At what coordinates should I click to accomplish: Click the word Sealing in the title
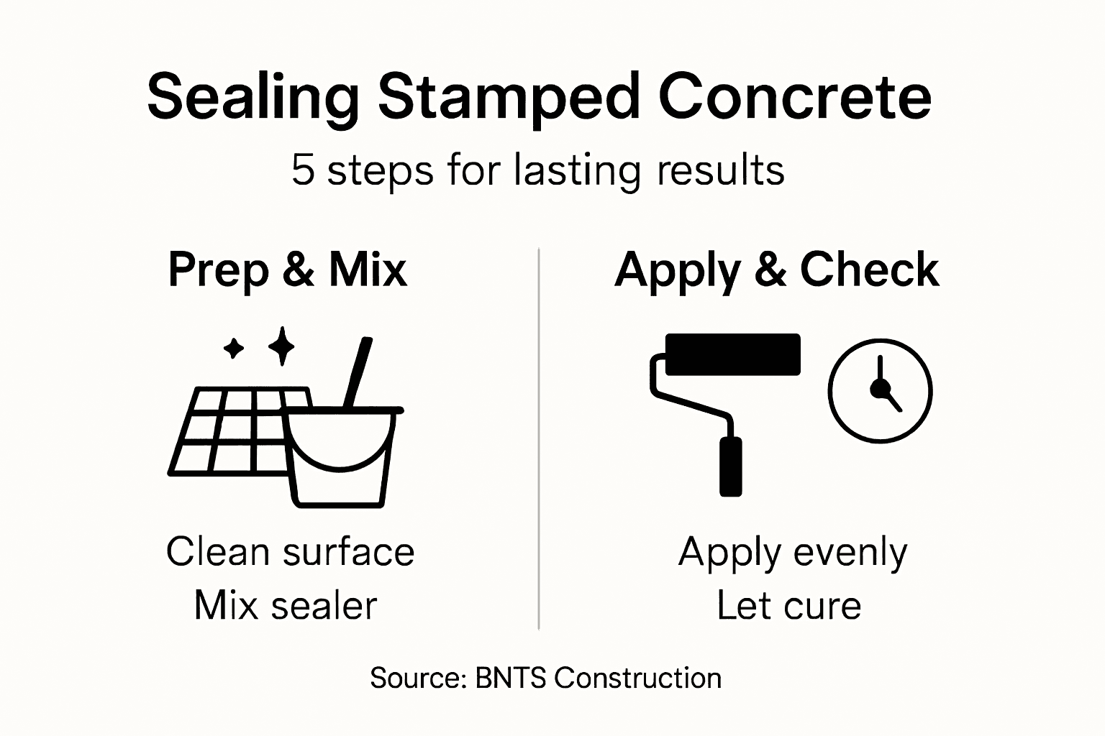pyautogui.click(x=253, y=98)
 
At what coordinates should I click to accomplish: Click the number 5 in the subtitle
pyautogui.click(x=303, y=170)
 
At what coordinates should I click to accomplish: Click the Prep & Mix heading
pyautogui.click(x=288, y=270)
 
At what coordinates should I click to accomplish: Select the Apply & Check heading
pyautogui.click(x=777, y=271)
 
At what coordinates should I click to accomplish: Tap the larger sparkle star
pyautogui.click(x=281, y=346)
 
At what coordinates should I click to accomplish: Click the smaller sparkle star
pyautogui.click(x=234, y=348)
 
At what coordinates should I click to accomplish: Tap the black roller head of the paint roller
pyautogui.click(x=732, y=354)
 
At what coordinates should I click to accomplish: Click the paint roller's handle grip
pyautogui.click(x=731, y=466)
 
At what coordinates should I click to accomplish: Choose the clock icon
pyautogui.click(x=880, y=390)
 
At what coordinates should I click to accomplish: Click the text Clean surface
pyautogui.click(x=290, y=552)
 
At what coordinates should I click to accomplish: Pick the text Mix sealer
pyautogui.click(x=286, y=605)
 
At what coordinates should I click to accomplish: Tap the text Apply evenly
pyautogui.click(x=793, y=553)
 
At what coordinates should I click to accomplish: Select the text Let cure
pyautogui.click(x=789, y=605)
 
